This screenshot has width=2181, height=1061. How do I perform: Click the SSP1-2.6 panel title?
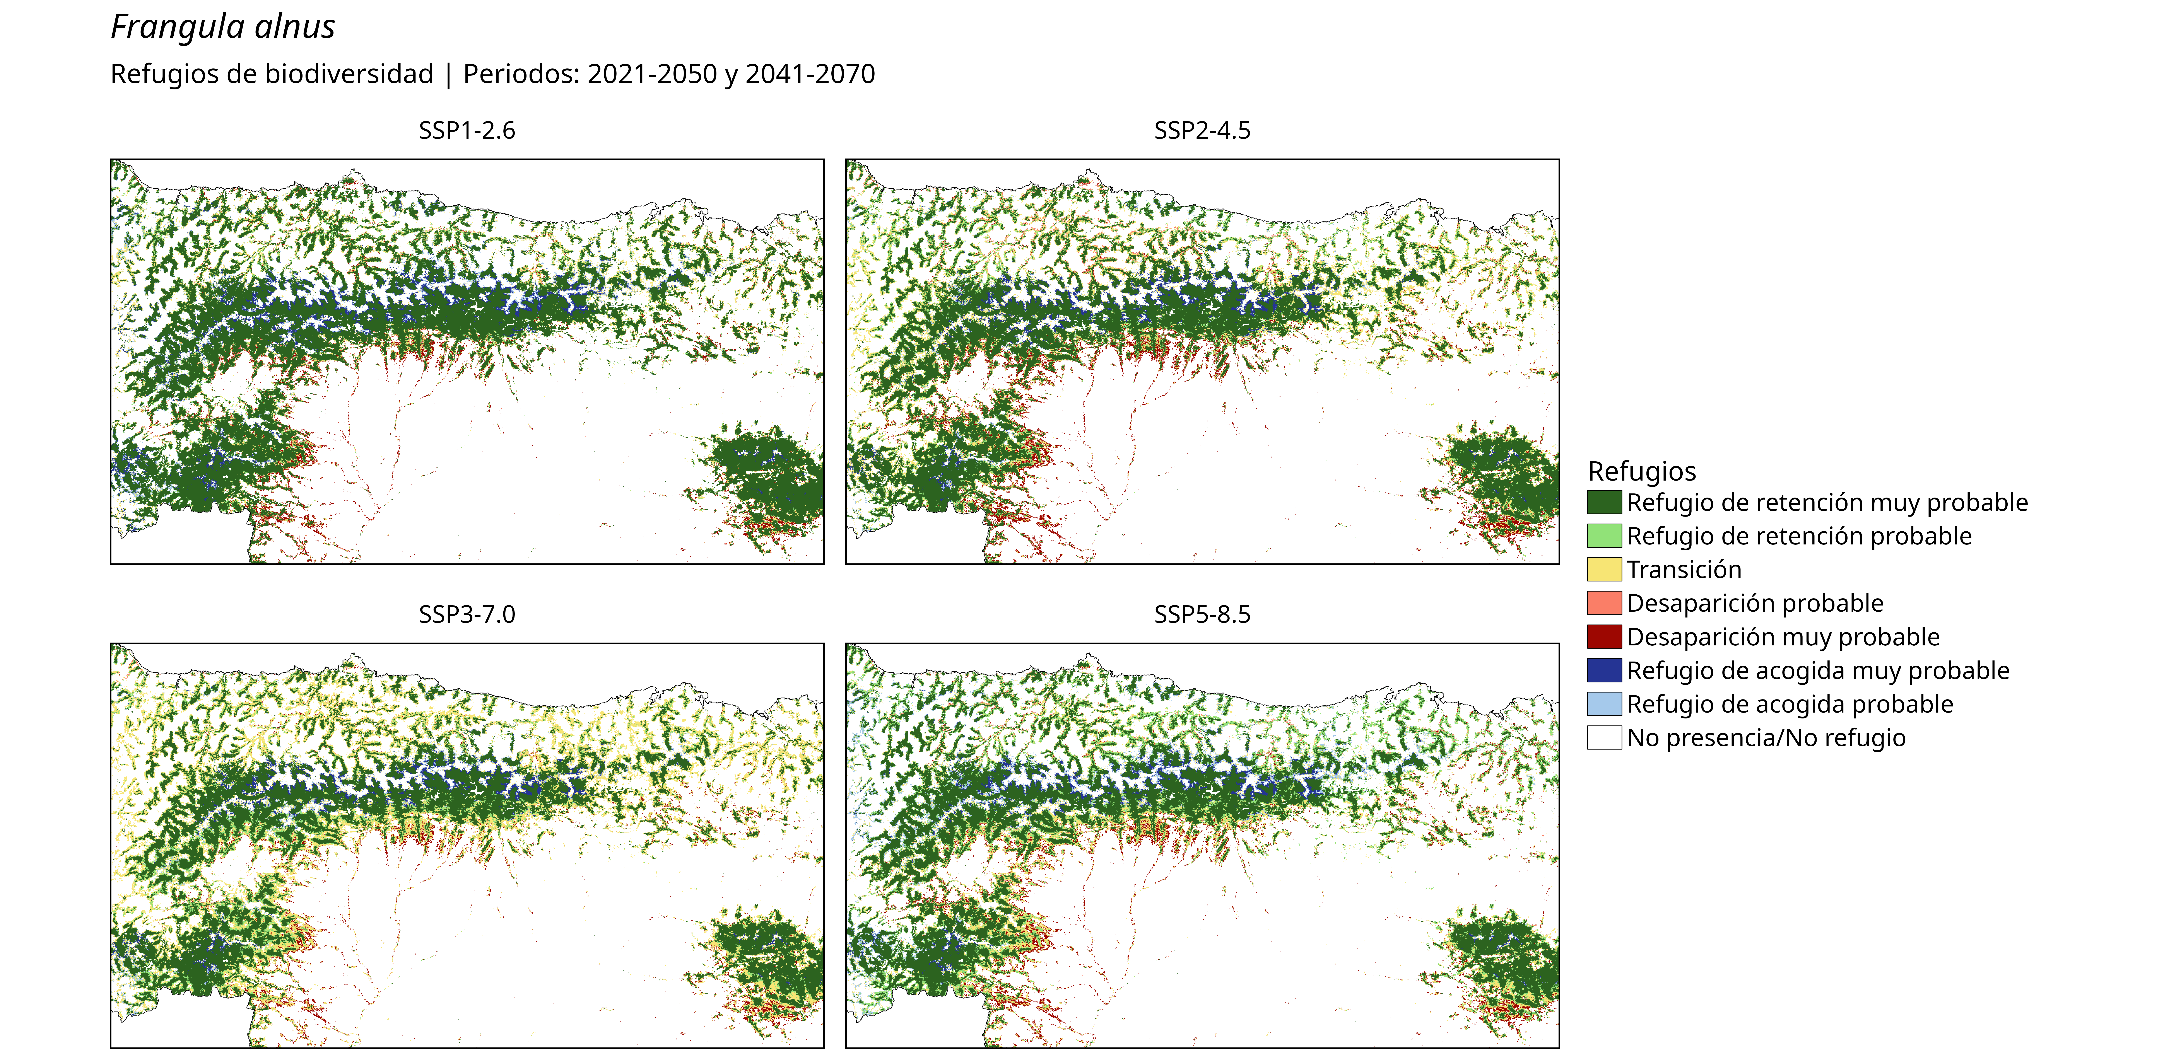(467, 130)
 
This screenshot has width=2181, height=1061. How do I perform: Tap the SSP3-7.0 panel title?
(467, 614)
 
